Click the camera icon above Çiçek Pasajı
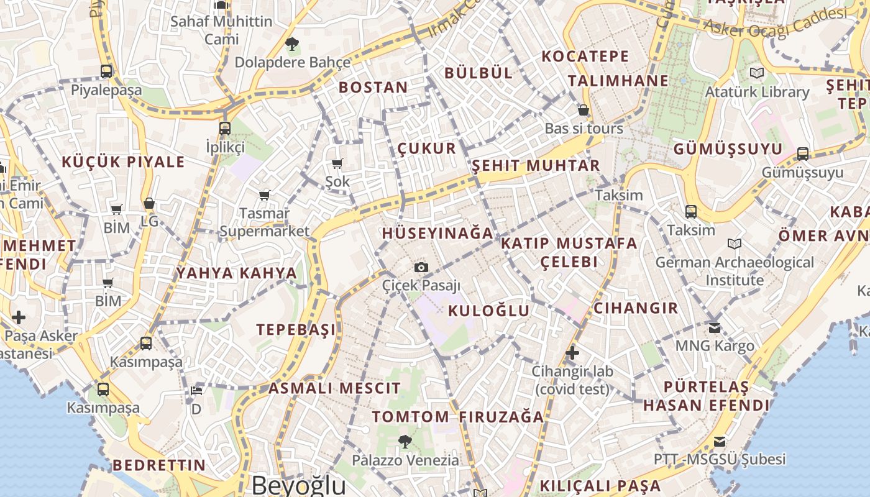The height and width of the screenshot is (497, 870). tap(421, 267)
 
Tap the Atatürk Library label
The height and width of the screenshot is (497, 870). tap(757, 92)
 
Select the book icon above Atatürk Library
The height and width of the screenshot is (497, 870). tap(756, 73)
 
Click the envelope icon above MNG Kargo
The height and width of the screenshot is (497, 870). tap(715, 327)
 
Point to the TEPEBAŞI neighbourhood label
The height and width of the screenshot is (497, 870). tap(296, 329)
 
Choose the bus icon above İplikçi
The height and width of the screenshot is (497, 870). tap(225, 129)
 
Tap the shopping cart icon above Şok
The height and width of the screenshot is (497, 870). tap(337, 163)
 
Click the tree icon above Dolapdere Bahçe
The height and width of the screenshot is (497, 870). tap(291, 43)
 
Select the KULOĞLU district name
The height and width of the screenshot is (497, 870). tap(489, 311)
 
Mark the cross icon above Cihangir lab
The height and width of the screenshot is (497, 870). tap(572, 353)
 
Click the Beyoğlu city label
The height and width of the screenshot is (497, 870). tap(298, 485)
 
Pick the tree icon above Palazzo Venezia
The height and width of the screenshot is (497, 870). tap(405, 442)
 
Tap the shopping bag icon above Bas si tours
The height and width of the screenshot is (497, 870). tap(584, 110)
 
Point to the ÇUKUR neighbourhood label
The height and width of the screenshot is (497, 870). tap(427, 149)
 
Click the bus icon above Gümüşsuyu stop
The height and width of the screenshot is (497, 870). tap(803, 153)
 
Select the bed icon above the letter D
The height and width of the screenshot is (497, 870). tap(196, 390)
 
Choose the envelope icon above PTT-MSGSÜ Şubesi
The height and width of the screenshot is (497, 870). tap(720, 442)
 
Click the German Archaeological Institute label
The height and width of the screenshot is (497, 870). tap(735, 271)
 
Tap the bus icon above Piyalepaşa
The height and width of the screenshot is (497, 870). tap(106, 71)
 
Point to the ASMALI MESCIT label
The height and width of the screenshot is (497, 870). tap(334, 389)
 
